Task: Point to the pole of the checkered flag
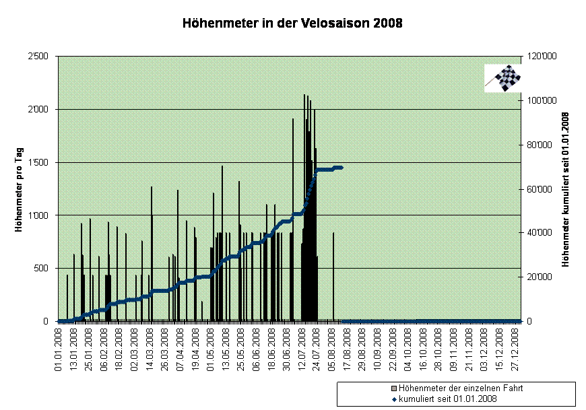pyautogui.click(x=490, y=84)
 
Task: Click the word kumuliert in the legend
pyautogui.click(x=417, y=399)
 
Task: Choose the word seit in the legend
pyautogui.click(x=446, y=399)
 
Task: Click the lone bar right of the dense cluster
pyautogui.click(x=333, y=276)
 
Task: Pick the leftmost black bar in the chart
pyautogui.click(x=67, y=296)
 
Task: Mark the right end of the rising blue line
pyautogui.click(x=341, y=167)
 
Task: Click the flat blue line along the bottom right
pyautogui.click(x=431, y=321)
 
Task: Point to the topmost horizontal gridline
pyautogui.click(x=290, y=109)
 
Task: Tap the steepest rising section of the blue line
pyautogui.click(x=311, y=189)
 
